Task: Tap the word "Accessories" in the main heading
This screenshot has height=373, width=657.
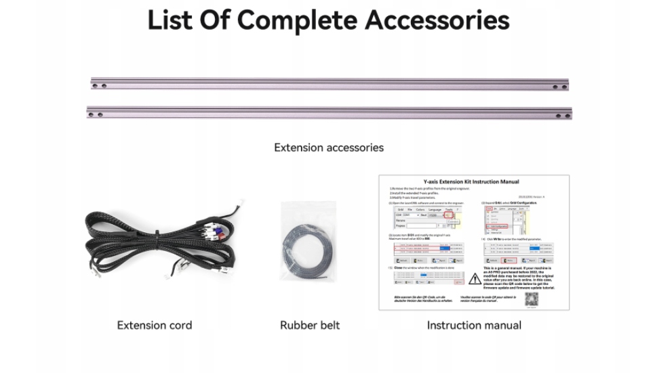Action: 437,20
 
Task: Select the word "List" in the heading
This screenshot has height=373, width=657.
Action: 172,20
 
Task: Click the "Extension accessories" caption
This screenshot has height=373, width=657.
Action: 328,147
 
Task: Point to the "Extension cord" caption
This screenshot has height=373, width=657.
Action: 155,325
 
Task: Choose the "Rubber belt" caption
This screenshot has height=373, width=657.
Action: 310,325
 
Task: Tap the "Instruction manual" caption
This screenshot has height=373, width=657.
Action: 474,325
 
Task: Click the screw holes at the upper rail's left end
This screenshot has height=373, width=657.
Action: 99,86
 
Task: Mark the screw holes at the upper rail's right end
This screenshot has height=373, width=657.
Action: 559,87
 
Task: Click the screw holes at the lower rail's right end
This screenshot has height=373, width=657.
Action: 563,116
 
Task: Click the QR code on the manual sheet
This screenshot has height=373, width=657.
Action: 532,299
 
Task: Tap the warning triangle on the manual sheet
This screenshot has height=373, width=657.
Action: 475,278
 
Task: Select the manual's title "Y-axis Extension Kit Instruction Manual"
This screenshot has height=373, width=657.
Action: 471,181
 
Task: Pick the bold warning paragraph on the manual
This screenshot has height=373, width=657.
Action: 519,278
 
